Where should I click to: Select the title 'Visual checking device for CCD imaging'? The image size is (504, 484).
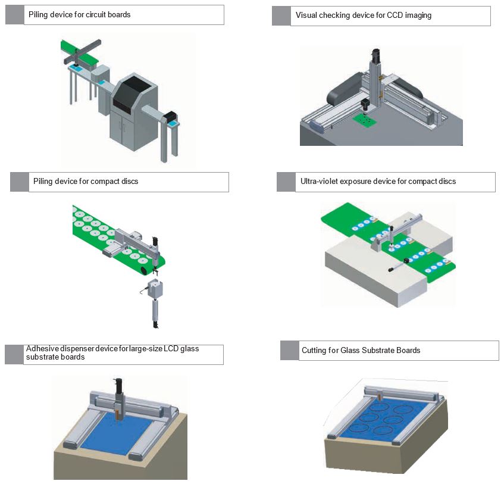[x=363, y=15]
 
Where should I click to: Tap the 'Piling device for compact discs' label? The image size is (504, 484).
[x=86, y=181]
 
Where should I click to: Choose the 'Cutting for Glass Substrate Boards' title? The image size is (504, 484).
[x=361, y=350]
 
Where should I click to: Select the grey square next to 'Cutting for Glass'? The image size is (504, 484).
[x=289, y=351]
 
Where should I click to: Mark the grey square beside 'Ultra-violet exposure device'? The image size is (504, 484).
[x=286, y=182]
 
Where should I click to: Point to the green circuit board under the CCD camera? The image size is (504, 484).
[x=365, y=121]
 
